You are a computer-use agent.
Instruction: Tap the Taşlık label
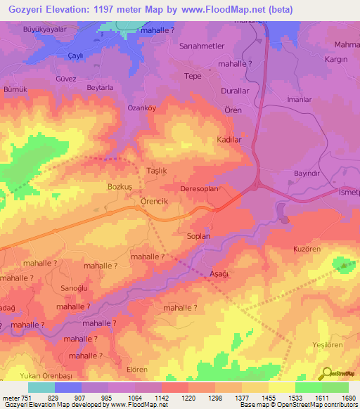click(136, 171)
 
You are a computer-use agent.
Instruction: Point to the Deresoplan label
click(200, 189)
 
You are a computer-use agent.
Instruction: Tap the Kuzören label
click(307, 249)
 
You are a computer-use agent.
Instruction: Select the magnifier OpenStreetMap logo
click(326, 374)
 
